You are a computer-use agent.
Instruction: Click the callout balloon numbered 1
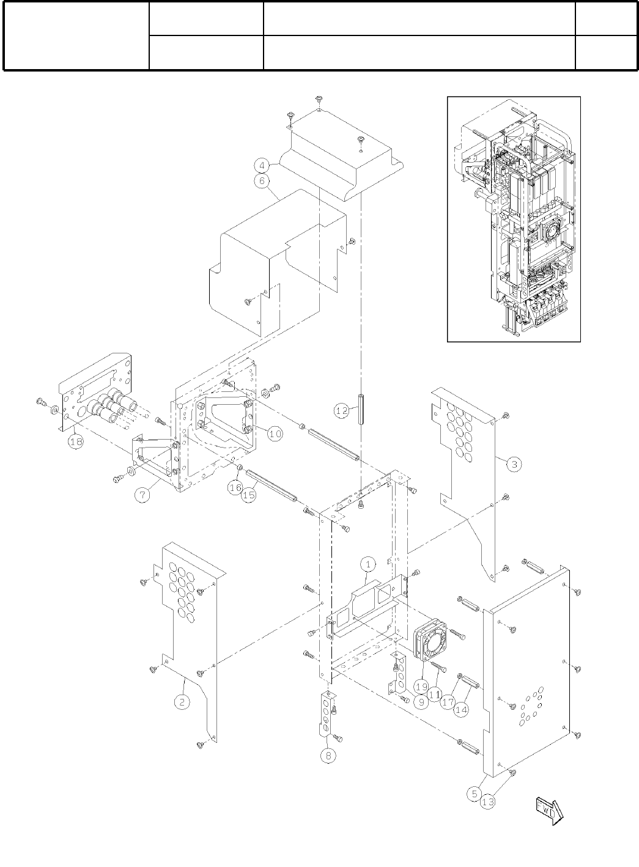[369, 562]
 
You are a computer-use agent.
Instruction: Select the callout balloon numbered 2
[182, 702]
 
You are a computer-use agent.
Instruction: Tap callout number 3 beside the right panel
[515, 464]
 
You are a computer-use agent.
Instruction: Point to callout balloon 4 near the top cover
[262, 165]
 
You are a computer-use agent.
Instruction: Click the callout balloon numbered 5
[475, 794]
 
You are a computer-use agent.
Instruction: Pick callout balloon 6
[262, 181]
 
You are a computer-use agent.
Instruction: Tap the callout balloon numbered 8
[328, 756]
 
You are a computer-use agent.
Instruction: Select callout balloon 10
[275, 434]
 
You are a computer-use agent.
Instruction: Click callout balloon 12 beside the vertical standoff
[342, 411]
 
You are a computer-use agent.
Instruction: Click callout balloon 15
[248, 495]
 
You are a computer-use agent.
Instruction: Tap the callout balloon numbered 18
[76, 441]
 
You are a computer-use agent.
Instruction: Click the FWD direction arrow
[549, 811]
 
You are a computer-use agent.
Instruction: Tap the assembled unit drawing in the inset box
[514, 218]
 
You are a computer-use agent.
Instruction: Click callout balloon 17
[448, 703]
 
